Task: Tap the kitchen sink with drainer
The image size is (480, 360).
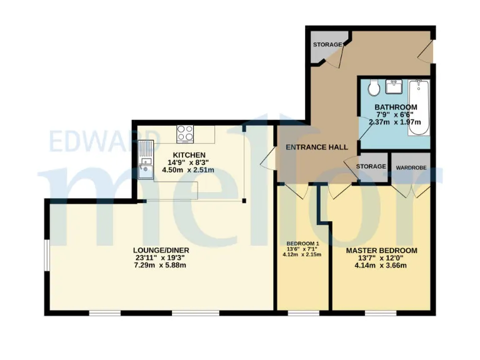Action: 145,161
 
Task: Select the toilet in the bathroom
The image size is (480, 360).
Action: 373,87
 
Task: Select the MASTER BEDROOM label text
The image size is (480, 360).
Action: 381,251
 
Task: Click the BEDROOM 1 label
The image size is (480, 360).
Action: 302,243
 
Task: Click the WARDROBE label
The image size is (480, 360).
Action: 411,167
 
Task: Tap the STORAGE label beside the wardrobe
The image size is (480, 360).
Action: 371,167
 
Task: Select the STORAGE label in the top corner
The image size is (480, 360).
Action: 327,45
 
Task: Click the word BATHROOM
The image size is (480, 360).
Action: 396,107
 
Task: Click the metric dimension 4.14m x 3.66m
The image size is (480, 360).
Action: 381,266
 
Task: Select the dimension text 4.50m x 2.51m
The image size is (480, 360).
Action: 188,169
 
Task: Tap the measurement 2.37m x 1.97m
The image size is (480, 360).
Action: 395,122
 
